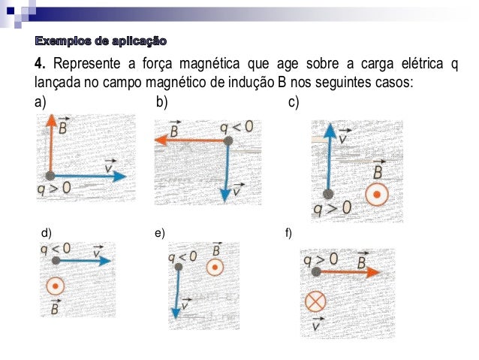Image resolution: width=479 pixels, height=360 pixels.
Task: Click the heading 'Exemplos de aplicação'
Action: click(101, 39)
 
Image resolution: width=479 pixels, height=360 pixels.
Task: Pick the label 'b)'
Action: click(161, 101)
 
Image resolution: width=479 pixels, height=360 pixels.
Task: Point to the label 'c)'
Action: click(294, 101)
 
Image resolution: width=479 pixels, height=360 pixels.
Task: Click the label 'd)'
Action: click(46, 234)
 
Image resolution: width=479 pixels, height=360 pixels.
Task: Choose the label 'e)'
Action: click(159, 234)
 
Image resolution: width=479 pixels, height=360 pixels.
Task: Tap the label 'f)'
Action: click(289, 234)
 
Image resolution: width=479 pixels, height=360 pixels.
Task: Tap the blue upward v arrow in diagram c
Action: click(328, 158)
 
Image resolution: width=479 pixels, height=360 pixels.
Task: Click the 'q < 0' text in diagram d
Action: click(56, 248)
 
